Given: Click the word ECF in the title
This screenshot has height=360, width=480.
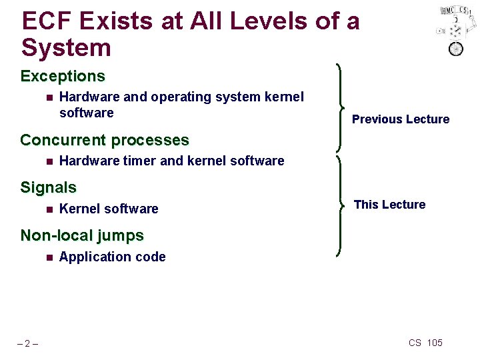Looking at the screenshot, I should pos(46,21).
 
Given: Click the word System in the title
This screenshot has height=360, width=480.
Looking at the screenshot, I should pos(66,48).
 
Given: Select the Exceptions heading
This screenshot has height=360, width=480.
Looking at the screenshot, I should pos(63,76).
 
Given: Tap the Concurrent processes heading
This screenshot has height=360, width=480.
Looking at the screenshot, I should pos(105,140).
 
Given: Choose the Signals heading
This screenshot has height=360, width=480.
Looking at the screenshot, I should pos(49,187).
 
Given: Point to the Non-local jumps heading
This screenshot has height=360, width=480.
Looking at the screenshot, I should pos(82,235).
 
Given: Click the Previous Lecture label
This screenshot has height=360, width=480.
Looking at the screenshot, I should pos(401,119).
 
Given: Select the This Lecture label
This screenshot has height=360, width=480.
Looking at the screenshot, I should pos(389,205).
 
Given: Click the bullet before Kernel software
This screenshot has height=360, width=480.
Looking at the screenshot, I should pos(49,209).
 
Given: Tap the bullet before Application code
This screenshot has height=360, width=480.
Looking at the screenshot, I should pos(49,257).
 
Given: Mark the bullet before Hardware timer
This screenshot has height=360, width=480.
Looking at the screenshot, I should pos(49,161).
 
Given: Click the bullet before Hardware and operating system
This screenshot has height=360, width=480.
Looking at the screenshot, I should pos(49,97).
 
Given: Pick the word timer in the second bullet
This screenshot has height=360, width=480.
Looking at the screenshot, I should pos(138,161).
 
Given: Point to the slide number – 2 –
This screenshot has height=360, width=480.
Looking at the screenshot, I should pos(27,343).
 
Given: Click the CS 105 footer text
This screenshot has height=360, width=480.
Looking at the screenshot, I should pos(425,343).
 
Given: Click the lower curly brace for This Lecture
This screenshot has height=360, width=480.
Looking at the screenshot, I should pos(341,204).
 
